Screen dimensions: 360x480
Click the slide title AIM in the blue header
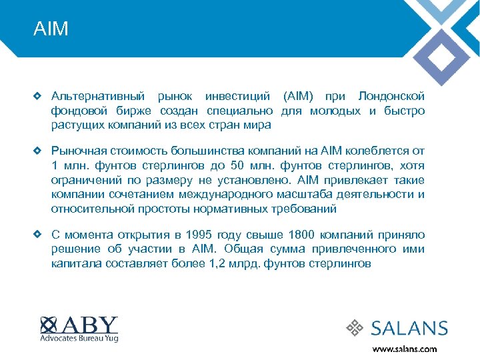point(51,30)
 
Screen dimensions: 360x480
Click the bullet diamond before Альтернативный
point(38,96)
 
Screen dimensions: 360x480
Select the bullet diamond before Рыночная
point(38,151)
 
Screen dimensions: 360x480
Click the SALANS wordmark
point(409,328)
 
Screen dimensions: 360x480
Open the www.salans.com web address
point(405,349)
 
